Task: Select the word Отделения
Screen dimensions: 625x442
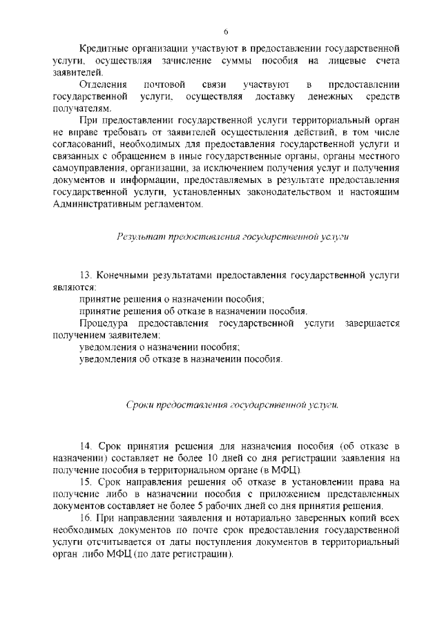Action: pyautogui.click(x=104, y=84)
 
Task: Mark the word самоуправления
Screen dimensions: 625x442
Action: pyautogui.click(x=90, y=167)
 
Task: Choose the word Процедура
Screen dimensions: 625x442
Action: pyautogui.click(x=106, y=323)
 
